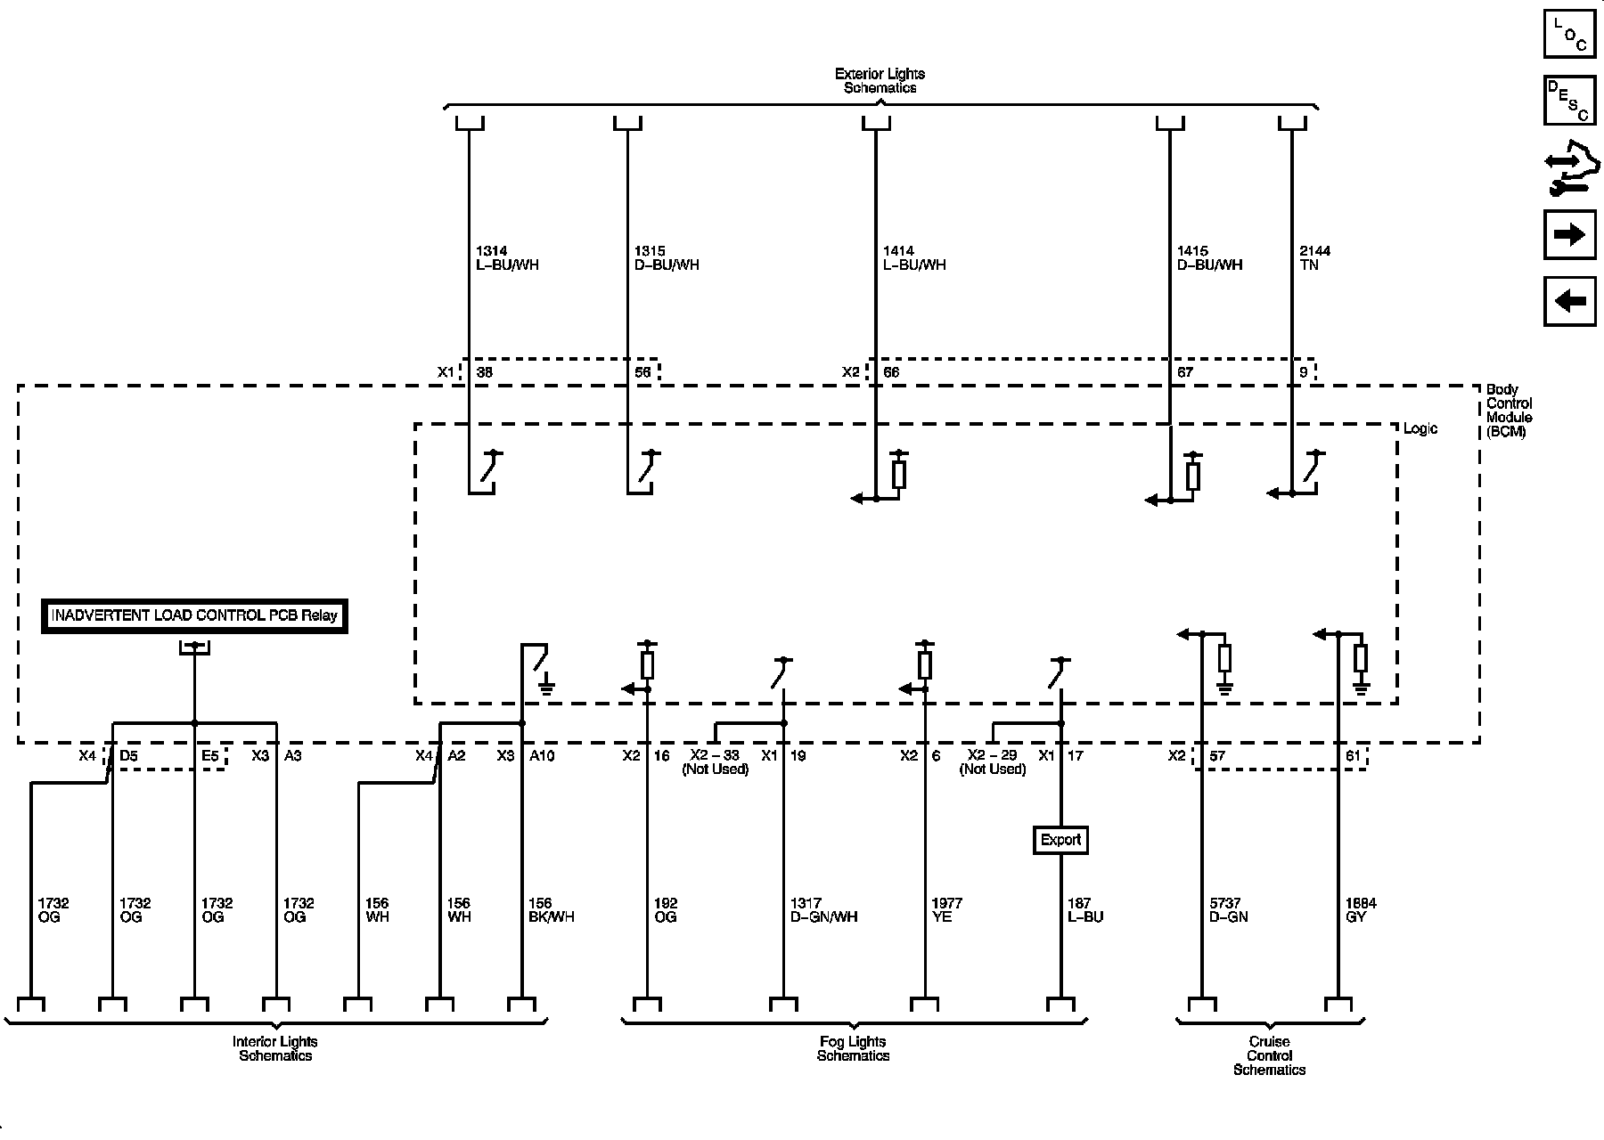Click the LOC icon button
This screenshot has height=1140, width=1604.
[x=1569, y=34]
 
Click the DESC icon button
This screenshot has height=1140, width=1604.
[x=1569, y=100]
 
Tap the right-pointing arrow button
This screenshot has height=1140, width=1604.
[x=1569, y=234]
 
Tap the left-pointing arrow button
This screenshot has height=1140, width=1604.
[x=1569, y=301]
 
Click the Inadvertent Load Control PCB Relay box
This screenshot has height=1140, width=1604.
[x=194, y=616]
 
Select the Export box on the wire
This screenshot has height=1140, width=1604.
[x=1060, y=840]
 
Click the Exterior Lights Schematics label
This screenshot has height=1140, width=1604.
[x=880, y=81]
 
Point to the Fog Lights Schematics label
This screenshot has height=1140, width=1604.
[x=853, y=1048]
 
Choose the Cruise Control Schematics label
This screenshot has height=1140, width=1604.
[x=1269, y=1055]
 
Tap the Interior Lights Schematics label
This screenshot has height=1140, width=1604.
[x=274, y=1048]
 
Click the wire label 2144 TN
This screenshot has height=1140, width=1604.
[x=1315, y=258]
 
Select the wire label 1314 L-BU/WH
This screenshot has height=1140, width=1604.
[x=506, y=258]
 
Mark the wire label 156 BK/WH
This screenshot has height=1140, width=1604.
[x=551, y=909]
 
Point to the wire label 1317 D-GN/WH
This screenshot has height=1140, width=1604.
[x=822, y=909]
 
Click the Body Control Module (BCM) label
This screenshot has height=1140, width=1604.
[x=1509, y=411]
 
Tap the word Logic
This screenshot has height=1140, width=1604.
[x=1420, y=428]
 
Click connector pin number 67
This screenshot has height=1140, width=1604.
[x=1184, y=372]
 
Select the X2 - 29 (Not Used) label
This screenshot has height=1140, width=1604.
[x=992, y=762]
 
